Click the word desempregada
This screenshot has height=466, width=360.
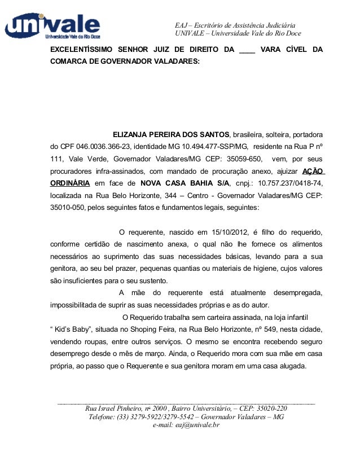click(x=297, y=293)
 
